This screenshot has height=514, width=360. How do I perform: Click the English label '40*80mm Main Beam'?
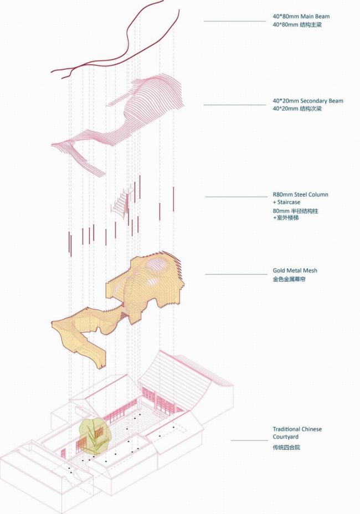301,17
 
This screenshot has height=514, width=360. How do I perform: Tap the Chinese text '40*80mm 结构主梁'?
297,25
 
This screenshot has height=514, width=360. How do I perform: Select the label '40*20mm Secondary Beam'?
307,101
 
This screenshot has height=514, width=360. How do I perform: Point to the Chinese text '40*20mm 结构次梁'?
297,109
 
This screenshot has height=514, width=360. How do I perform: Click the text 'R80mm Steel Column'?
300,194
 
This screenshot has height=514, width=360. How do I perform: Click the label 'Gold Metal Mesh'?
295,271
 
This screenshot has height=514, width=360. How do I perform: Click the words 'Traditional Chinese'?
297,429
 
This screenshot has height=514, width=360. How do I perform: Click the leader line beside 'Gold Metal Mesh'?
236,274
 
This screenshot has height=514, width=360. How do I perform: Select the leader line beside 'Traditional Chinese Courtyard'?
250,440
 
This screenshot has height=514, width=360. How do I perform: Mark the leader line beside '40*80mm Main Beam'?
235,21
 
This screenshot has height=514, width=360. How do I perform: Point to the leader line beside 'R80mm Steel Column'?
236,197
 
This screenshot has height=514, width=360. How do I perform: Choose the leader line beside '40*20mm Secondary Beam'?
235,105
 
